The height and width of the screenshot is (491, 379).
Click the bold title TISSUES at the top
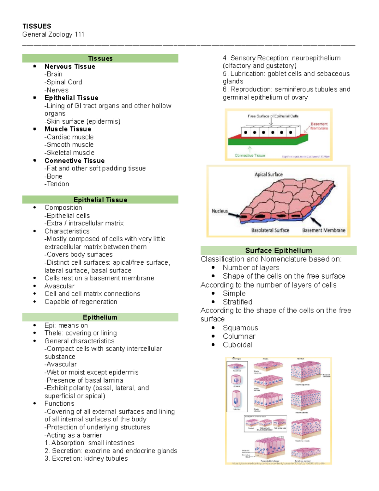point(37,26)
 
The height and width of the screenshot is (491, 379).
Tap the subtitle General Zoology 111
point(53,34)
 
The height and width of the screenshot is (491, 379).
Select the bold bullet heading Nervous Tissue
point(70,66)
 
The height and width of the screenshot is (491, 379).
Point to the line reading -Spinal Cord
point(63,82)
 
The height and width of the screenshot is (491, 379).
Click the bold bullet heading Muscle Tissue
point(68,129)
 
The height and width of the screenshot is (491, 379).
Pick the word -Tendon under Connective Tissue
point(57,184)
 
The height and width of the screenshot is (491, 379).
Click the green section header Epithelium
point(100,317)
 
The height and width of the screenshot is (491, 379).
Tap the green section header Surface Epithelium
point(279,250)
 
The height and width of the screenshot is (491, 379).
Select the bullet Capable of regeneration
point(81,302)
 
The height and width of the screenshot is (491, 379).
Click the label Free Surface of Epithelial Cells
point(273,116)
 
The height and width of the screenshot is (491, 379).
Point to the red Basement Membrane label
point(319,126)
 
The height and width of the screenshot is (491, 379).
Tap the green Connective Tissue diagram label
point(250,155)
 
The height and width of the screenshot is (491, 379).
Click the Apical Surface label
point(268,174)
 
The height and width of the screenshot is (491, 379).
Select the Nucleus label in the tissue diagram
point(220,211)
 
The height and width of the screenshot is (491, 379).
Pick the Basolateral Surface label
point(270,230)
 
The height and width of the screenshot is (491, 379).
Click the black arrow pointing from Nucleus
point(234,215)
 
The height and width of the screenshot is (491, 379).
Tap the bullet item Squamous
point(240,328)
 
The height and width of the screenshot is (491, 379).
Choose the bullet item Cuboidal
point(237,345)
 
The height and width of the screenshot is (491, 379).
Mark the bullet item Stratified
point(238,302)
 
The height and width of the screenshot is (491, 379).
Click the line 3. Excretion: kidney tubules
point(86,458)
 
